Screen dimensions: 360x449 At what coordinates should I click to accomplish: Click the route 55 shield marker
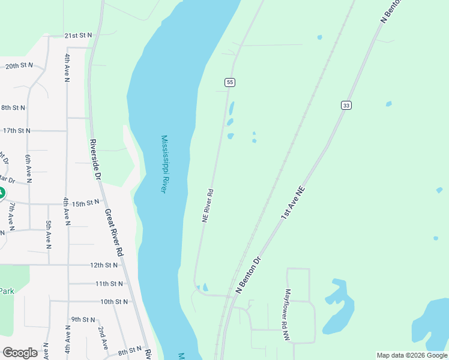coord(229,82)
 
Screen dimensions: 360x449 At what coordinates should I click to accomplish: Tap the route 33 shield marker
coord(346,105)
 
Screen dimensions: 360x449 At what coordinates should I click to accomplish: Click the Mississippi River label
coord(163,164)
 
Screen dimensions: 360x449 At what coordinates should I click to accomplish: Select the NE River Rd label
coord(208,206)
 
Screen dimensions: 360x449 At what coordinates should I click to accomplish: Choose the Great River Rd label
coord(113,233)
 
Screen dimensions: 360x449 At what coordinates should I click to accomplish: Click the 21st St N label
coord(78,35)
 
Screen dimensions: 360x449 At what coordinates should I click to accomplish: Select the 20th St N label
coord(19,65)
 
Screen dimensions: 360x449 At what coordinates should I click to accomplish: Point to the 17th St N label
coord(16,130)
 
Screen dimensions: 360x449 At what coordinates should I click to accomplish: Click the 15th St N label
coord(85,203)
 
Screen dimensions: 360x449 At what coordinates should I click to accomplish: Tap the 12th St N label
coord(104,265)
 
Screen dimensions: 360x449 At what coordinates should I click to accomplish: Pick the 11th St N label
coord(109,283)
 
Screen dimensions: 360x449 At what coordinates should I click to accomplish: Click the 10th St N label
coord(114,302)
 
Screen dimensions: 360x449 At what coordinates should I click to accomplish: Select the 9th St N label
coord(83,319)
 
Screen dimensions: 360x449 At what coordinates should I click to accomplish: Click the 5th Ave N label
coord(49,234)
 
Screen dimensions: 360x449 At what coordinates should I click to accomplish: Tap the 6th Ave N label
coord(28,168)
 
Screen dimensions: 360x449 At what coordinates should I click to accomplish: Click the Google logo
coord(20,353)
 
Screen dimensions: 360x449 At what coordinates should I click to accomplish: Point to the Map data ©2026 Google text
coord(412,355)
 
